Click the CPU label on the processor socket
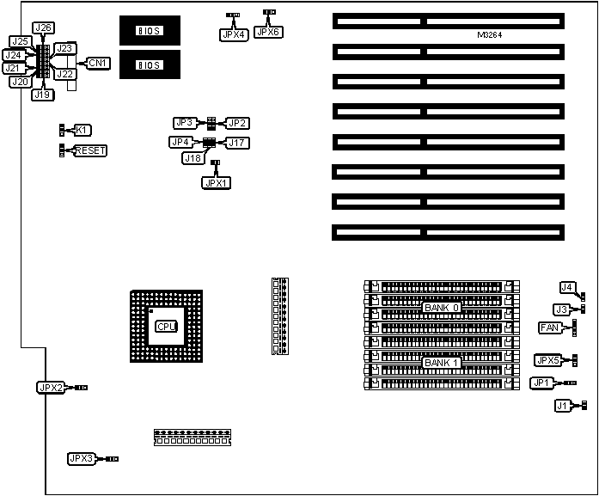click(x=166, y=327)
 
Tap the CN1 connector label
click(x=98, y=63)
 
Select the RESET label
click(x=90, y=150)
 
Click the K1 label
click(x=82, y=130)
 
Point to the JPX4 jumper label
click(x=231, y=34)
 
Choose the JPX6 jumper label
click(x=268, y=32)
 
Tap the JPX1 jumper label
click(x=216, y=182)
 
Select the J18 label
click(x=193, y=158)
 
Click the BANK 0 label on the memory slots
click(x=442, y=307)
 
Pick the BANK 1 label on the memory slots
click(x=442, y=363)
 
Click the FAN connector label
click(x=549, y=328)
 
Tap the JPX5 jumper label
click(x=547, y=360)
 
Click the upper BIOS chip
click(x=150, y=31)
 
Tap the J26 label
click(x=42, y=28)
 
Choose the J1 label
click(x=562, y=405)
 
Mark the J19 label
click(x=42, y=95)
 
